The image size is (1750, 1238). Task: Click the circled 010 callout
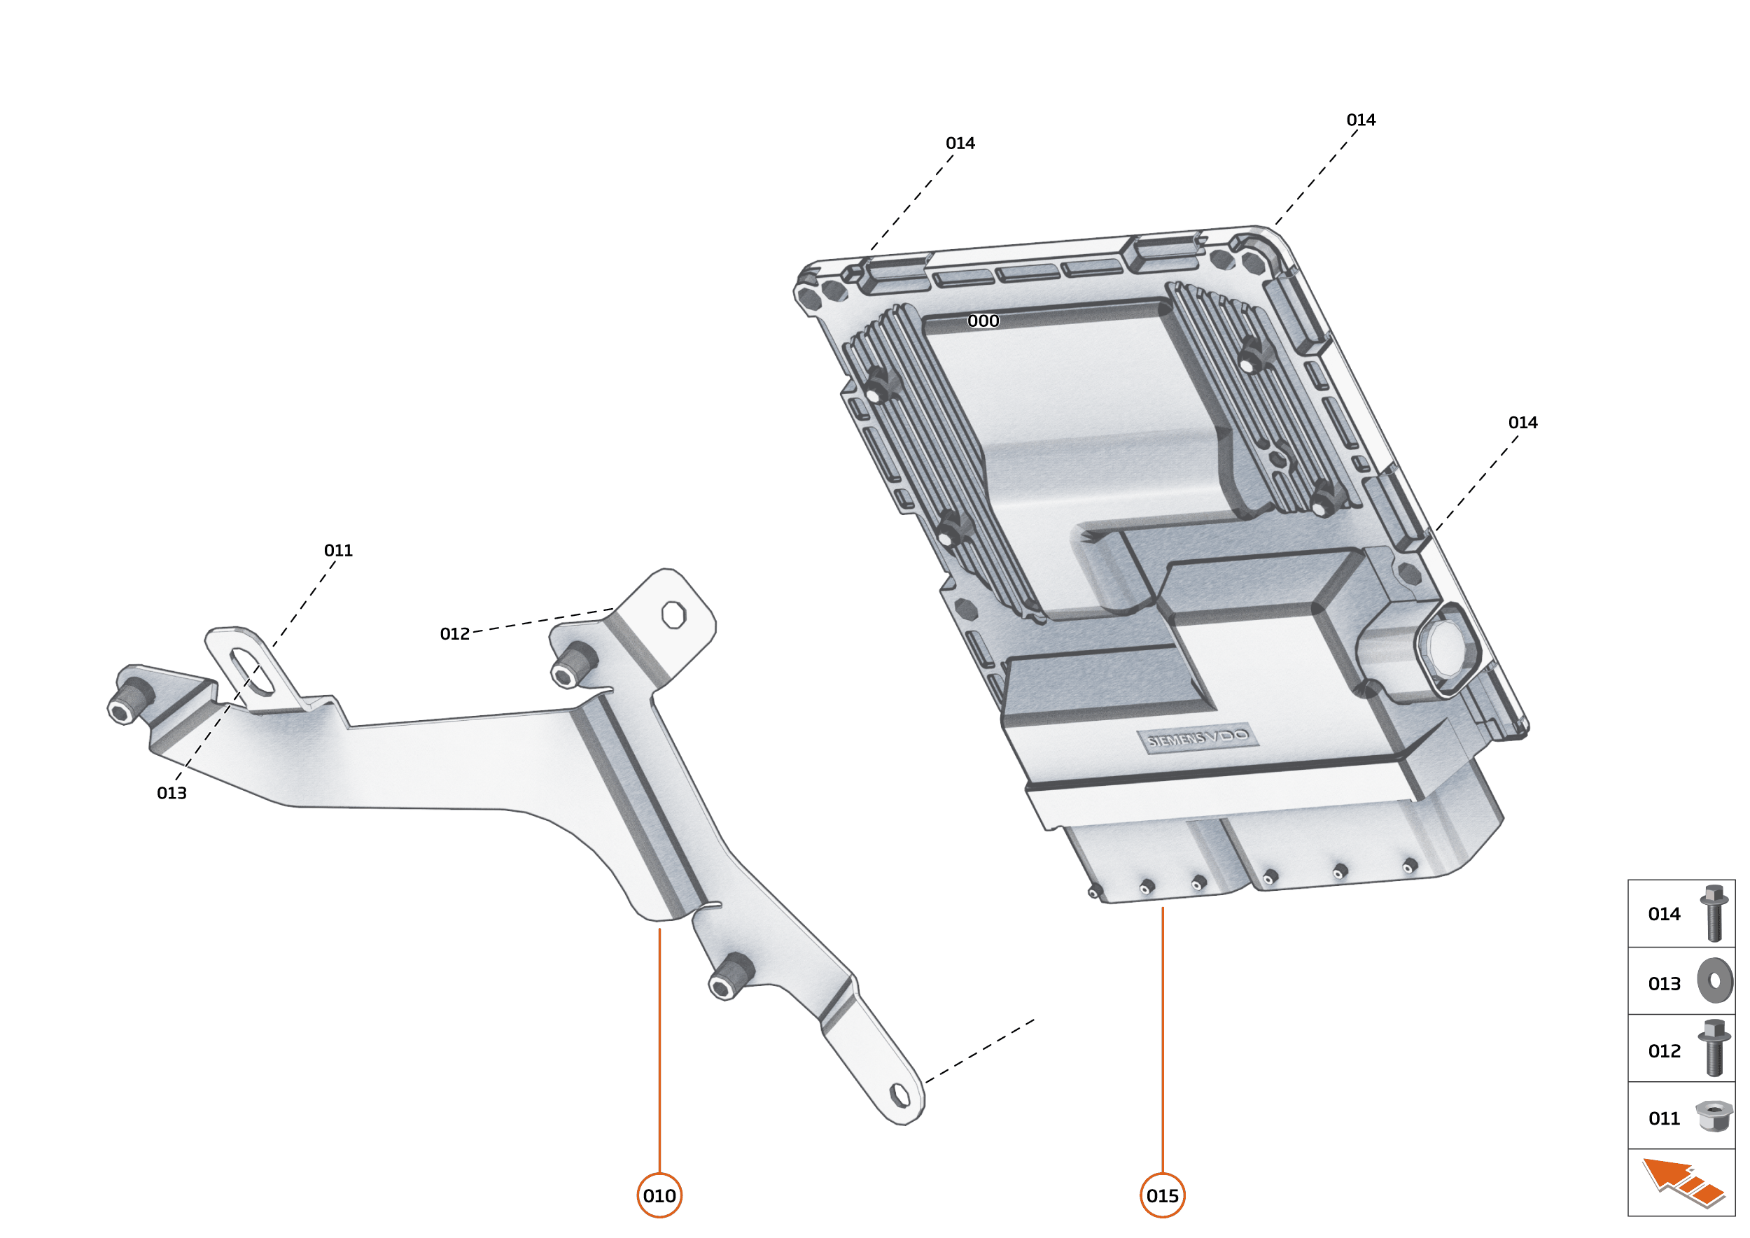tap(659, 1195)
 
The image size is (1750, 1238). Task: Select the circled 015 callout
tap(1162, 1195)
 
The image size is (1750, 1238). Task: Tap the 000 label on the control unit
tap(983, 321)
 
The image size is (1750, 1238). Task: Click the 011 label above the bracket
tap(339, 550)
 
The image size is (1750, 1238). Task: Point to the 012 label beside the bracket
tap(454, 633)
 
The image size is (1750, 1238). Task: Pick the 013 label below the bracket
tap(171, 793)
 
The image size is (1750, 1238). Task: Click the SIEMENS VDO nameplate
tap(1197, 737)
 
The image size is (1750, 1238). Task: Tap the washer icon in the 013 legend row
tap(1714, 980)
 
